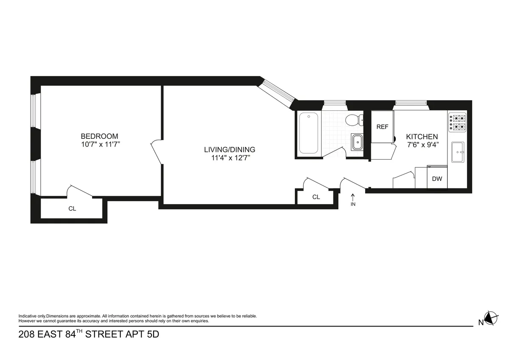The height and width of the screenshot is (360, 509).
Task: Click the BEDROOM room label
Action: [x=99, y=136]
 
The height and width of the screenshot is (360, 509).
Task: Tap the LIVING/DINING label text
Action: [x=229, y=149]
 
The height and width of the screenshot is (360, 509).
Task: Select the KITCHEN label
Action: [x=422, y=137]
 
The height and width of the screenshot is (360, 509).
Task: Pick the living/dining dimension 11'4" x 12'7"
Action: [x=229, y=157]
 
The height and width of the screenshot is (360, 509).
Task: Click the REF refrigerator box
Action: [x=382, y=127]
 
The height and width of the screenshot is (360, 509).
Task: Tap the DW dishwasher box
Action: [x=437, y=179]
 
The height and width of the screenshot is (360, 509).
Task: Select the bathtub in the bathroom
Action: [x=308, y=133]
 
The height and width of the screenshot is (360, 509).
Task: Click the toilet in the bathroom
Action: [x=353, y=121]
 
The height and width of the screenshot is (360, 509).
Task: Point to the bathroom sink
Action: [x=357, y=141]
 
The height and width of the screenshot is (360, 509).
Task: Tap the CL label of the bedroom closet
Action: [x=72, y=209]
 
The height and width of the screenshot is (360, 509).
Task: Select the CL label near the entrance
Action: [x=316, y=197]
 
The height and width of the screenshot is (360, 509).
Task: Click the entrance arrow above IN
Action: [x=353, y=197]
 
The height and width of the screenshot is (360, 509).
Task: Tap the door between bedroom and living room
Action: [x=156, y=152]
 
